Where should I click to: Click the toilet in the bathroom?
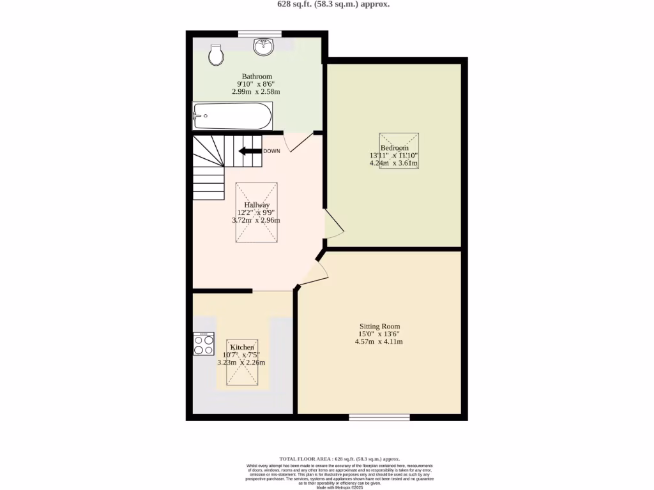click(217, 55)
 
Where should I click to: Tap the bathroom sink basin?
click(262, 47)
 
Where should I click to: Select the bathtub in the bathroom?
click(232, 116)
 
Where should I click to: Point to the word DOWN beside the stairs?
click(271, 151)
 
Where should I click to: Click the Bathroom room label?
click(257, 77)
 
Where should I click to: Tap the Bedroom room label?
click(394, 148)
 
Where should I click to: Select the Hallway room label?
click(256, 205)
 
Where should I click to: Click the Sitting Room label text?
click(379, 326)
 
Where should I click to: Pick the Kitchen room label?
click(241, 347)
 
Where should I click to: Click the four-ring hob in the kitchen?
click(204, 344)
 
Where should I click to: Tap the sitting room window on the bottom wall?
click(379, 417)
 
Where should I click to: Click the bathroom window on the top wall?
click(259, 34)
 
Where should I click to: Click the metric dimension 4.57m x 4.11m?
click(379, 341)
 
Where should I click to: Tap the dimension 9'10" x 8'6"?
click(256, 84)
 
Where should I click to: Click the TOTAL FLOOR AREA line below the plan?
click(339, 459)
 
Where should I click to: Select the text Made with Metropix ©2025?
click(339, 487)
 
